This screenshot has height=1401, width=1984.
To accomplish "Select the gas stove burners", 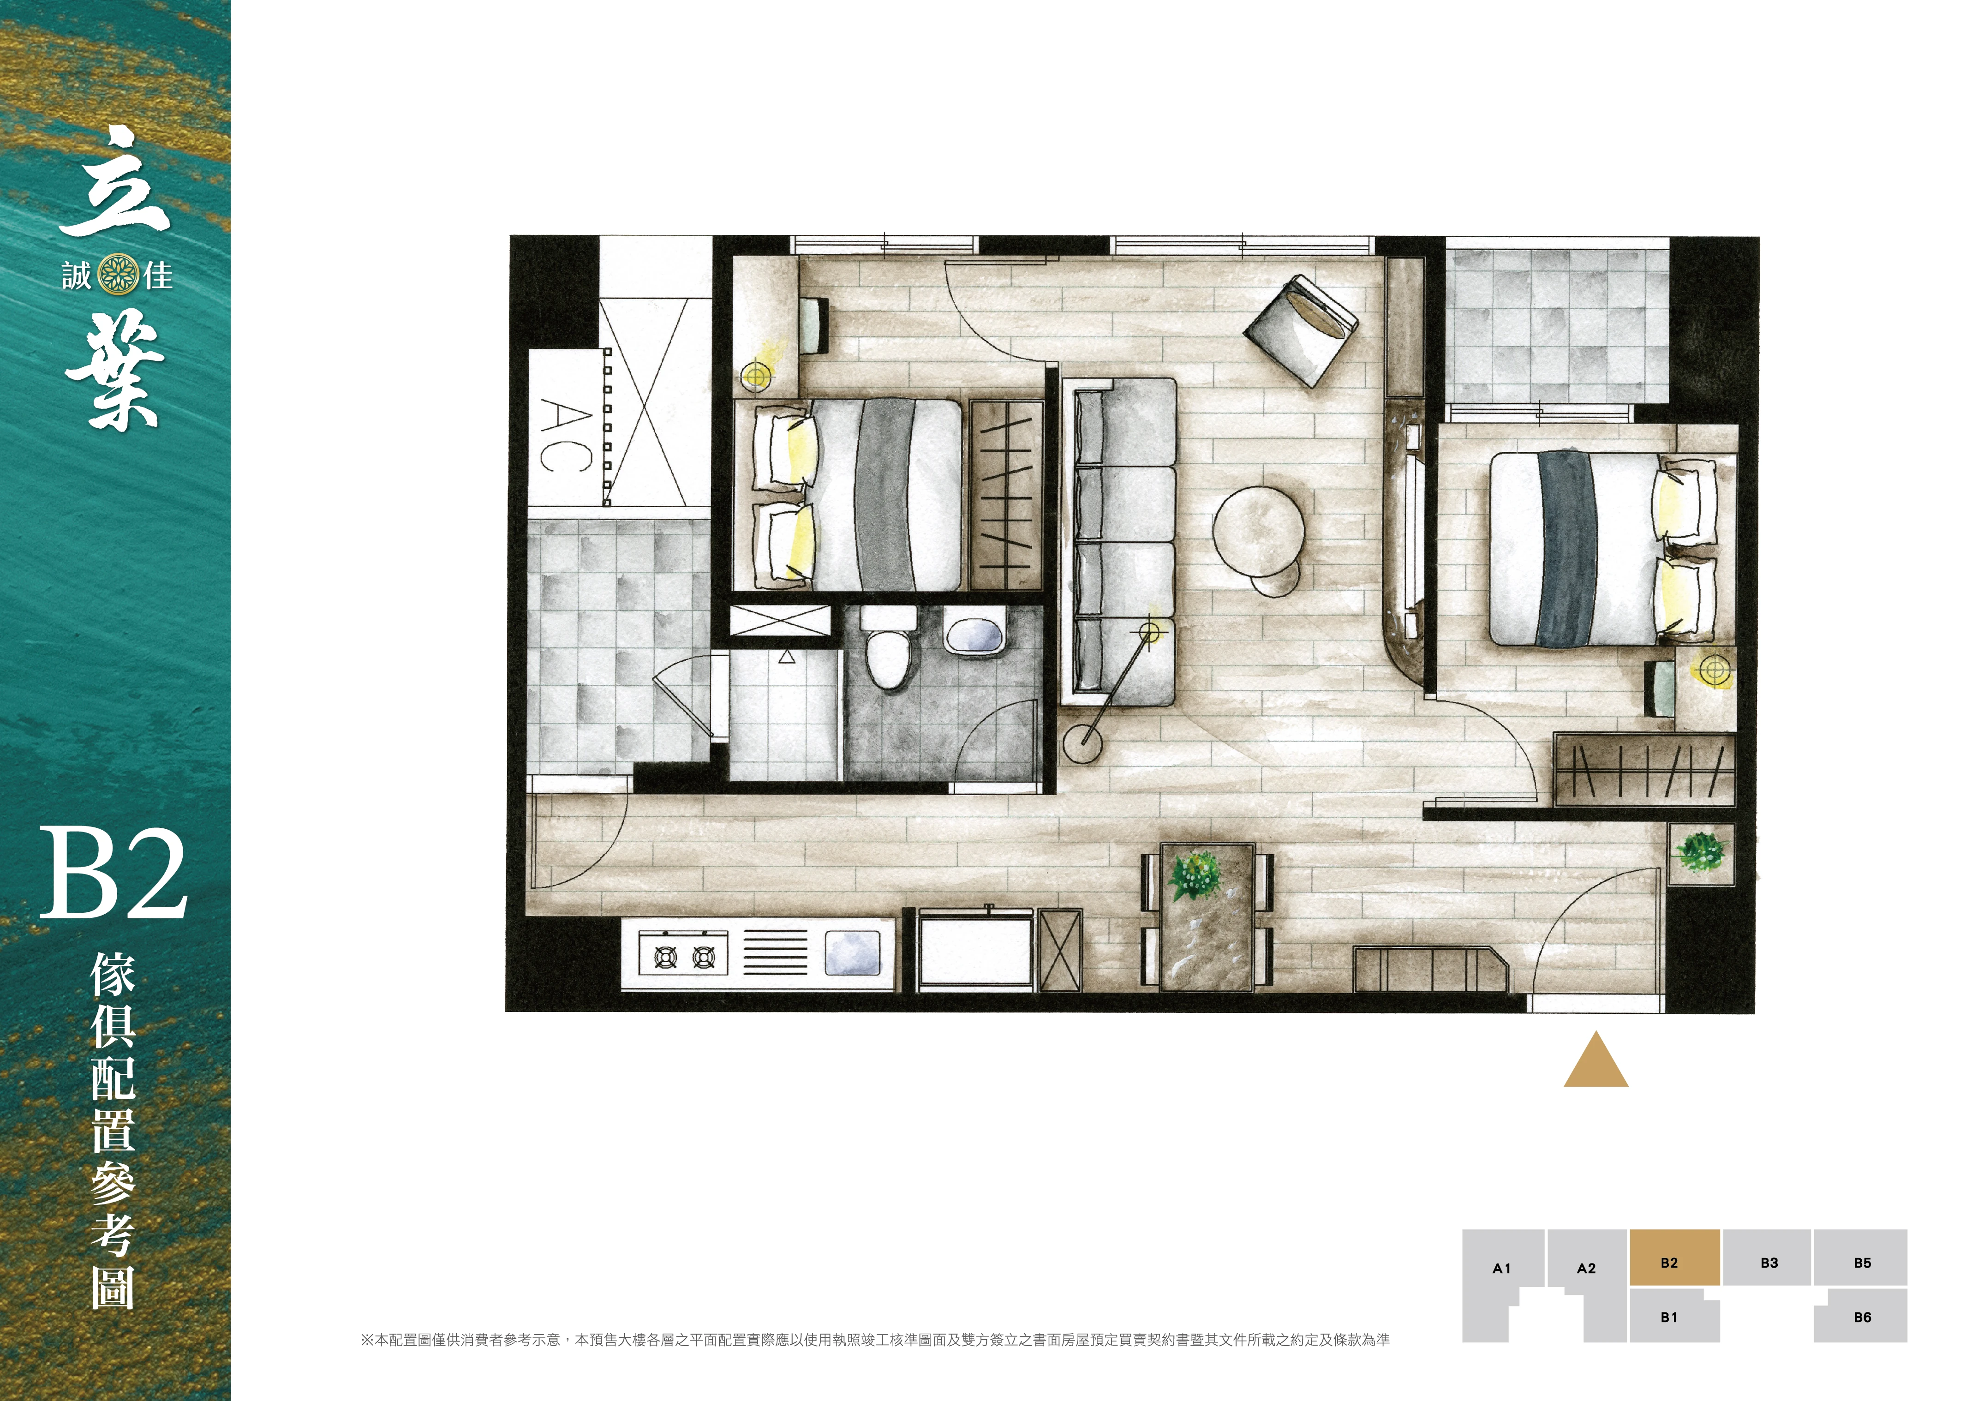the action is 683,955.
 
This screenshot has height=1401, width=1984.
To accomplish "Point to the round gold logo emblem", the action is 119,275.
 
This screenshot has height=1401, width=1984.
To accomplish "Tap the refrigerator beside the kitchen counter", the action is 976,949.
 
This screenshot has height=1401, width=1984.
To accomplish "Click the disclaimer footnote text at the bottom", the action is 875,1340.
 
